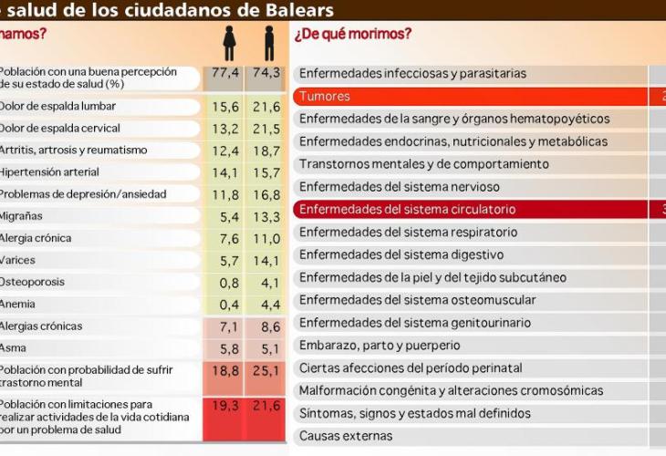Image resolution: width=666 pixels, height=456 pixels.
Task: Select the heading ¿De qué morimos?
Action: click(x=353, y=35)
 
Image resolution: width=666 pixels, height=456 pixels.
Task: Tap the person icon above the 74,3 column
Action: click(x=269, y=44)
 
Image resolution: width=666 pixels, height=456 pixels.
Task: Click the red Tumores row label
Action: click(x=325, y=96)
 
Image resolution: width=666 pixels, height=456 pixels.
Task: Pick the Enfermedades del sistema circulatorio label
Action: click(x=421, y=209)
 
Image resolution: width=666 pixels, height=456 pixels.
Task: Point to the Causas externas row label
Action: click(x=347, y=436)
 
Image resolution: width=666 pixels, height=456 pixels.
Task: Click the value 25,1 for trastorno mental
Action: click(x=267, y=370)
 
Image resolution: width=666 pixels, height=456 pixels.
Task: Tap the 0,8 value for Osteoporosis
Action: click(x=229, y=283)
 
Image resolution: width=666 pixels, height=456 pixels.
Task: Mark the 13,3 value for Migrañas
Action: click(x=267, y=216)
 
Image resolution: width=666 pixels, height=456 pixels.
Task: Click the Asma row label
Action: click(x=15, y=348)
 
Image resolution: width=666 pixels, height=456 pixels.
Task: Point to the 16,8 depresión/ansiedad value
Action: click(x=267, y=194)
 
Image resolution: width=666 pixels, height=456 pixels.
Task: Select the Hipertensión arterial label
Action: click(x=49, y=171)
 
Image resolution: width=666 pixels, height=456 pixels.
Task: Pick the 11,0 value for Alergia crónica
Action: click(x=267, y=239)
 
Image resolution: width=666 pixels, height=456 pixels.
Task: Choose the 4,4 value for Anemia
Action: click(x=267, y=305)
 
